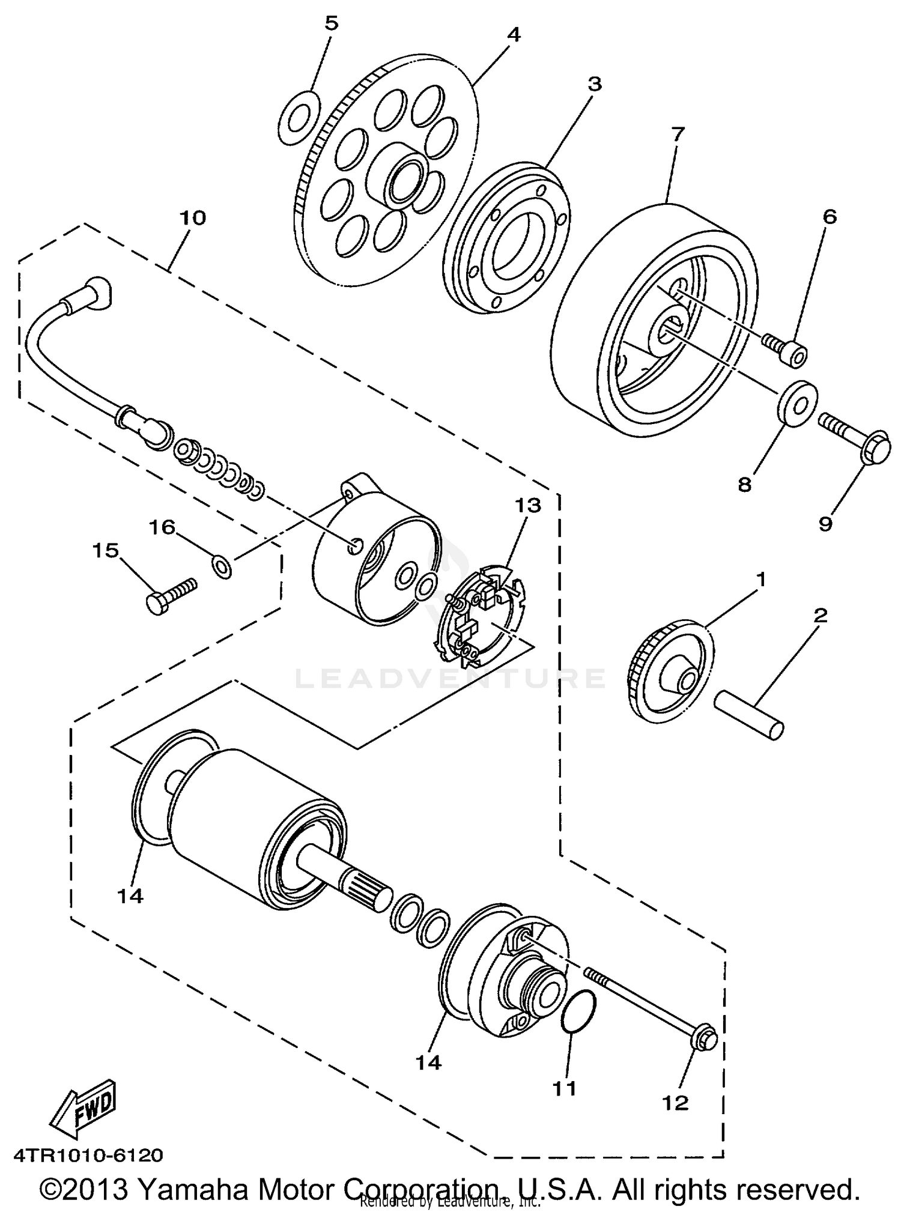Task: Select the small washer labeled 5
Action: [297, 118]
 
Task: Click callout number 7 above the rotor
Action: [677, 134]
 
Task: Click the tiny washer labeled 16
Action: [222, 565]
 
